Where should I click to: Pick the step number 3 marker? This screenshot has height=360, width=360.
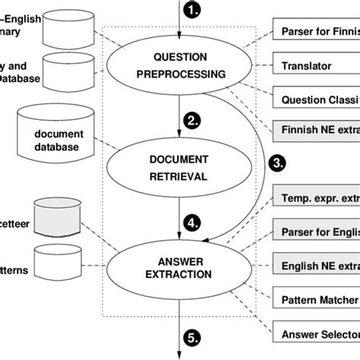(278, 162)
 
